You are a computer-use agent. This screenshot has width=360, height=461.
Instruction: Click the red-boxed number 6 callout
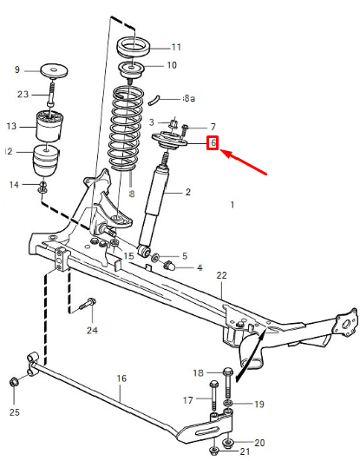[212, 142]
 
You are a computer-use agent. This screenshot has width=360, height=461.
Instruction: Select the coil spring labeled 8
[129, 130]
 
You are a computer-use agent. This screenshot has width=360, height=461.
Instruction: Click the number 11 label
[176, 47]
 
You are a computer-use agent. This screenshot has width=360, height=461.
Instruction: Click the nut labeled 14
[43, 185]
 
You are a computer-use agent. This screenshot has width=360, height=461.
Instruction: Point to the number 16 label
[121, 379]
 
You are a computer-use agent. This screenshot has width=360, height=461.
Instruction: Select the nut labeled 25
[14, 382]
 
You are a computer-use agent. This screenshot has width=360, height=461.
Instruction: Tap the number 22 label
[221, 276]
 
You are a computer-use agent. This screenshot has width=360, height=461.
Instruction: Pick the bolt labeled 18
[226, 374]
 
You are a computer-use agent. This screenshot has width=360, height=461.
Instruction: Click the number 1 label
[232, 205]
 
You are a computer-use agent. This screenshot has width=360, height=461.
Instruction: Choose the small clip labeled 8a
[163, 98]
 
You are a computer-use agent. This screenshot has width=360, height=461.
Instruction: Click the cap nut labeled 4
[173, 267]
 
